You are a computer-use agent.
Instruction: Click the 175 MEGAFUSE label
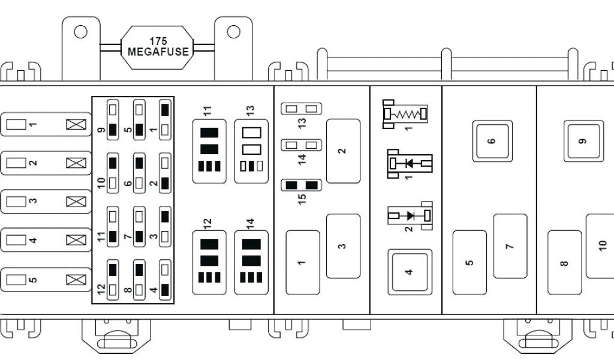158,47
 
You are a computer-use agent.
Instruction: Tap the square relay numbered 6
492,141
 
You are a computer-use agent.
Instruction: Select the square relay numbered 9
583,141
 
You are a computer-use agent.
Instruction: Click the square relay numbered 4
410,271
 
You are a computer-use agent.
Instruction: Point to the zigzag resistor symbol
406,113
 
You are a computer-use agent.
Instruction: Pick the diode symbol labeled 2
410,215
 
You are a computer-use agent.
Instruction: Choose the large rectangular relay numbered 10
601,245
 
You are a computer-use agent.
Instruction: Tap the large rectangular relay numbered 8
564,262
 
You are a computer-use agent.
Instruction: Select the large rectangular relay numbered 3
343,246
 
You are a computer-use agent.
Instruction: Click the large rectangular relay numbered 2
343,151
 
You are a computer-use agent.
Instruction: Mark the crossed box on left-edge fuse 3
76,202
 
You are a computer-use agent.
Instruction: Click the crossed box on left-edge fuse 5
76,279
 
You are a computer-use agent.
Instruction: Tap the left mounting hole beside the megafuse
80,31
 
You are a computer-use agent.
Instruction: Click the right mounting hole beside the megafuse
233,31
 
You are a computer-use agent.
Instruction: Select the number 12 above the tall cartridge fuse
208,224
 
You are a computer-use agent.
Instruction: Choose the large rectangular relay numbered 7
510,246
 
